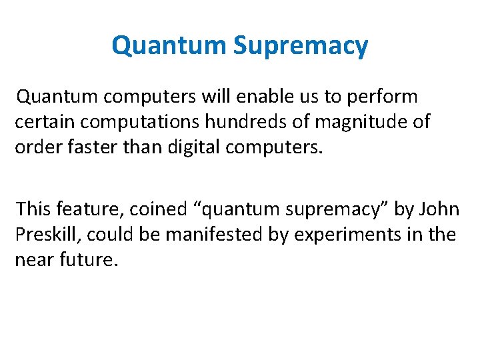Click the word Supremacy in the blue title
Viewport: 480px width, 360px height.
(x=301, y=46)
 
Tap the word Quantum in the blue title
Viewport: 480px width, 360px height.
(x=169, y=46)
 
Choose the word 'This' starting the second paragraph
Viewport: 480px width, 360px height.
(x=34, y=209)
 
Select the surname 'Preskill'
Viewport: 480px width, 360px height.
(x=47, y=234)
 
